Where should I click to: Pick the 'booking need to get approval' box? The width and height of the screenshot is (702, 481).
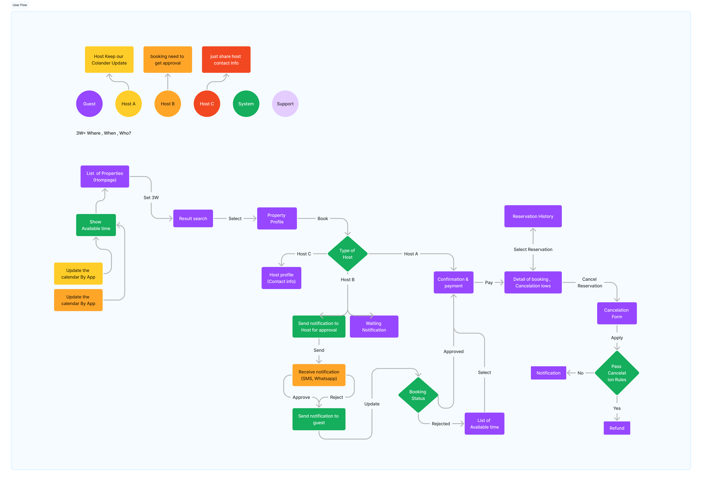pos(168,59)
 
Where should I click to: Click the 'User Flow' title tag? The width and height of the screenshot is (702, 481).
pos(20,5)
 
